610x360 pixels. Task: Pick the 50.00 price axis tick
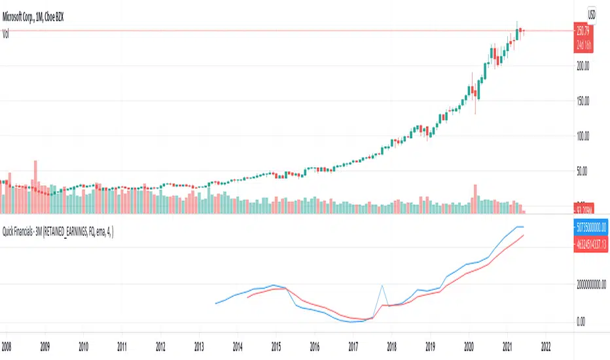point(583,171)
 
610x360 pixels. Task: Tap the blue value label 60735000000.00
point(588,227)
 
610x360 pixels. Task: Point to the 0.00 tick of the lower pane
point(580,321)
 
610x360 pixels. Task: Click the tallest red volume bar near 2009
point(36,187)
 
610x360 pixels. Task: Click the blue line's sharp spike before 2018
point(382,286)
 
